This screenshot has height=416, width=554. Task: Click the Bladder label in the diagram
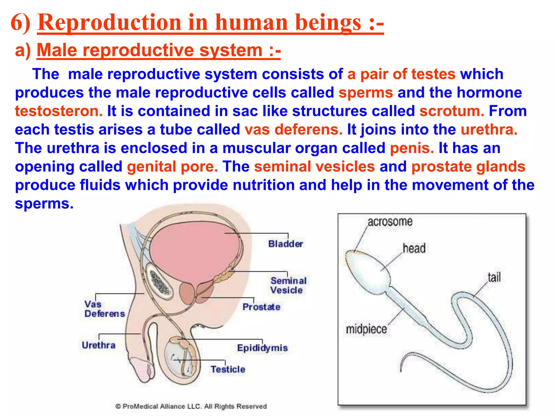[x=285, y=244]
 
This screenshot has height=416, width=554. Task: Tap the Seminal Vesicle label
[x=288, y=285]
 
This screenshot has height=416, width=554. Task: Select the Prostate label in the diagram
[x=261, y=307]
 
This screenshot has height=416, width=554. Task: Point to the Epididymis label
[x=262, y=348]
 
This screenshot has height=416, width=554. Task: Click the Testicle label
[x=228, y=369]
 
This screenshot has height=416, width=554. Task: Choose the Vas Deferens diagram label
[x=104, y=309]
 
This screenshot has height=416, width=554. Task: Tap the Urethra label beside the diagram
[x=98, y=345]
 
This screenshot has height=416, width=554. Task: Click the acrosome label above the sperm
[x=390, y=222]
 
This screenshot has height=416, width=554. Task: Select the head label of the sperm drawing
[x=414, y=248]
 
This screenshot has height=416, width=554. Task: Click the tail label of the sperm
[x=494, y=277]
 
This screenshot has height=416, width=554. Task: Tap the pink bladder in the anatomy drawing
[x=193, y=249]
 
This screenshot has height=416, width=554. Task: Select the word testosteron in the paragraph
[x=59, y=111]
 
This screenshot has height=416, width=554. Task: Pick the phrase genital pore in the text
[x=172, y=167]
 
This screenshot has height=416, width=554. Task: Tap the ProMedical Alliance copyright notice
[x=191, y=406]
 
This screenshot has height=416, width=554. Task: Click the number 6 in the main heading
[x=17, y=23]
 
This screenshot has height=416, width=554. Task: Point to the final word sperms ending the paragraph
[x=44, y=203]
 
